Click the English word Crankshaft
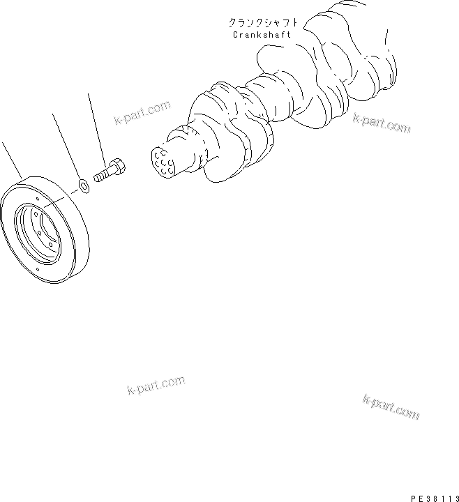(259, 34)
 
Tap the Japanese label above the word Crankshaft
(259, 22)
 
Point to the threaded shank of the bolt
(101, 174)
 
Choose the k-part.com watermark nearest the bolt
(142, 114)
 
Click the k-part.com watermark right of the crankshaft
(382, 123)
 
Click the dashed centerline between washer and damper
(66, 194)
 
